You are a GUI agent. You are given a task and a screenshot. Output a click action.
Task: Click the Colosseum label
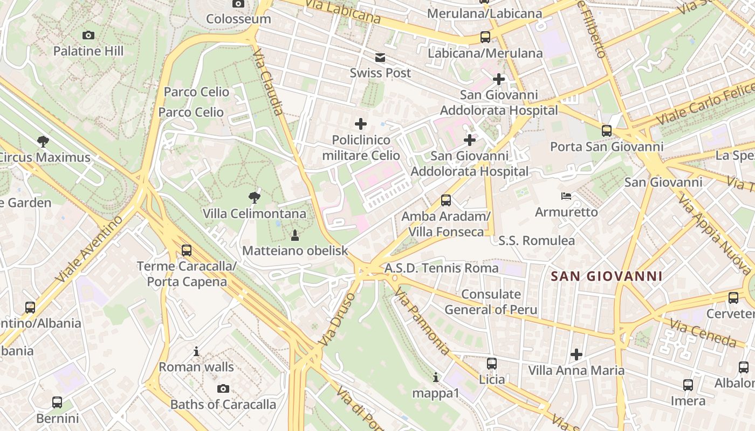pos(238,19)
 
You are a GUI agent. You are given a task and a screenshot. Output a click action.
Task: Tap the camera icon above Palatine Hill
pos(88,36)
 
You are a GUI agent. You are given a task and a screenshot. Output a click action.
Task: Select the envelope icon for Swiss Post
pos(380,58)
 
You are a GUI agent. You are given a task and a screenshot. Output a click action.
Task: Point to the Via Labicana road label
pos(342,11)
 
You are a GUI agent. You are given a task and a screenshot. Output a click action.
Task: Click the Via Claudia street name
pos(268,82)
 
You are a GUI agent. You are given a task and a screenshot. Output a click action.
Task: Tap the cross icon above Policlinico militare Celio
pos(361,124)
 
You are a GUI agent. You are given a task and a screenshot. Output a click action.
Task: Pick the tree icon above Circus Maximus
pos(43,142)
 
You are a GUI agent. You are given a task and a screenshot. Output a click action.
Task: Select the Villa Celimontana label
pos(255,214)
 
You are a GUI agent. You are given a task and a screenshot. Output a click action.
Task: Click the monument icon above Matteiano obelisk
pos(295,235)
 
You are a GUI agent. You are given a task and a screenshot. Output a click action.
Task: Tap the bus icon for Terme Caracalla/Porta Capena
pos(187,251)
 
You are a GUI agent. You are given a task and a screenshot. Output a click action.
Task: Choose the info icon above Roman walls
pos(196,352)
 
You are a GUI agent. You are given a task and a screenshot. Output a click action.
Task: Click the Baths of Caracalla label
pos(223,404)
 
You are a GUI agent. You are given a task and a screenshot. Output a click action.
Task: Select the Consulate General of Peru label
pos(491,302)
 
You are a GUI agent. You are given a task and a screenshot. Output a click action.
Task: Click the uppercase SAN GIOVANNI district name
pos(606,277)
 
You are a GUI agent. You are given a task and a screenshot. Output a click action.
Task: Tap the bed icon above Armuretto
pos(566,196)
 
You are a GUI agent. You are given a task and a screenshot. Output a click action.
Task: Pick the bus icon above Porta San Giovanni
pos(607,131)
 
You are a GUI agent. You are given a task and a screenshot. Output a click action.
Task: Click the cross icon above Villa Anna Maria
pos(576,354)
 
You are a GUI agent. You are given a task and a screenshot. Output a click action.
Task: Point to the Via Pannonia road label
pos(422,321)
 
